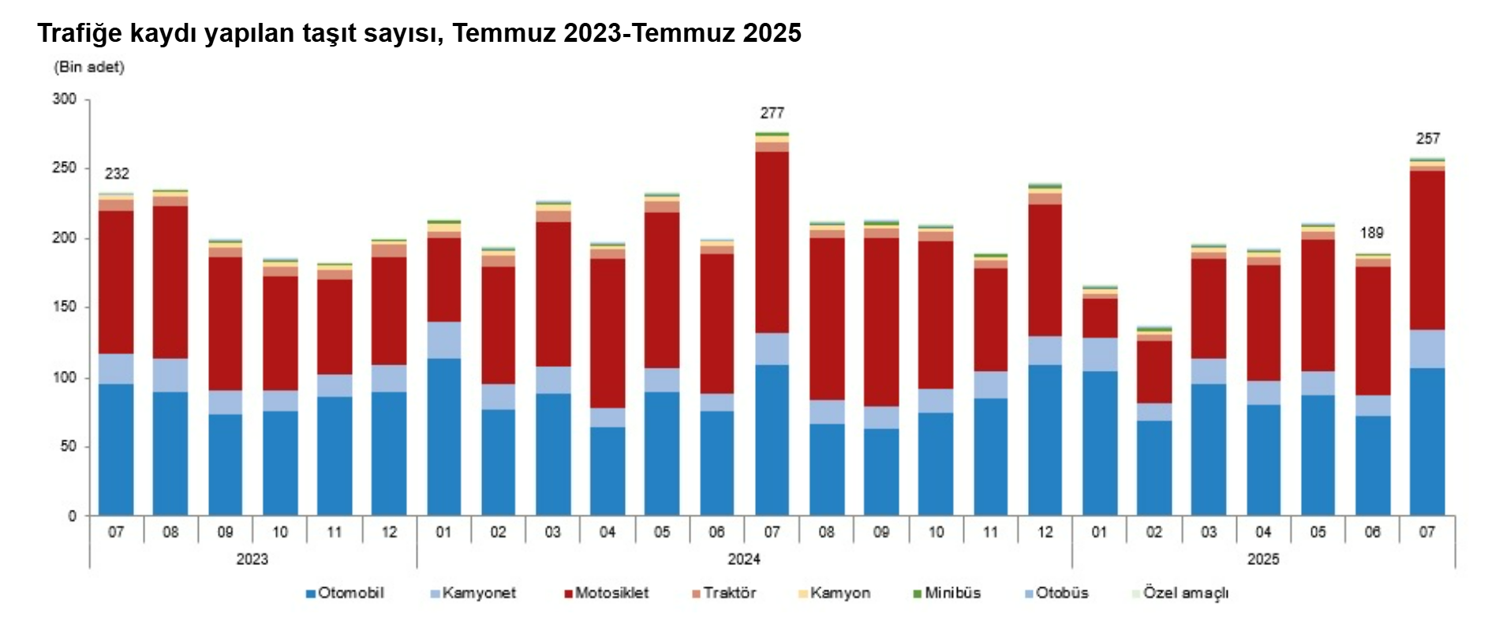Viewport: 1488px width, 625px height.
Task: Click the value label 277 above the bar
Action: (772, 114)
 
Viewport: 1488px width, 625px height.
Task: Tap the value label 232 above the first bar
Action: (117, 174)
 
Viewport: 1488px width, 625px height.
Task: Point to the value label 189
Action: (1371, 233)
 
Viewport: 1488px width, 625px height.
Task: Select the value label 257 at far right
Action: (1427, 139)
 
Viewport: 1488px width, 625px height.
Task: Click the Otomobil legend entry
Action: (345, 593)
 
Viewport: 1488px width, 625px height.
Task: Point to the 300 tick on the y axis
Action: (65, 99)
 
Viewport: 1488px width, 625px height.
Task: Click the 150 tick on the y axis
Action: (65, 307)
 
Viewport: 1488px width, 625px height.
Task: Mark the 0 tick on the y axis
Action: (72, 516)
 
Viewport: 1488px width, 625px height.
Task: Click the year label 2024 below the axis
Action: (743, 560)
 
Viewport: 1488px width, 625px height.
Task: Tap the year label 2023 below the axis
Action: (252, 560)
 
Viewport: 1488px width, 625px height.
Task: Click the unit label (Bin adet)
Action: (89, 67)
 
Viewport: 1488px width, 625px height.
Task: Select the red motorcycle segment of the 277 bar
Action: (772, 241)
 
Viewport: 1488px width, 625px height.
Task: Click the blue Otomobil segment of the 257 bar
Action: (1427, 441)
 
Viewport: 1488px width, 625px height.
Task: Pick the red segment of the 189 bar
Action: (1373, 331)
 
